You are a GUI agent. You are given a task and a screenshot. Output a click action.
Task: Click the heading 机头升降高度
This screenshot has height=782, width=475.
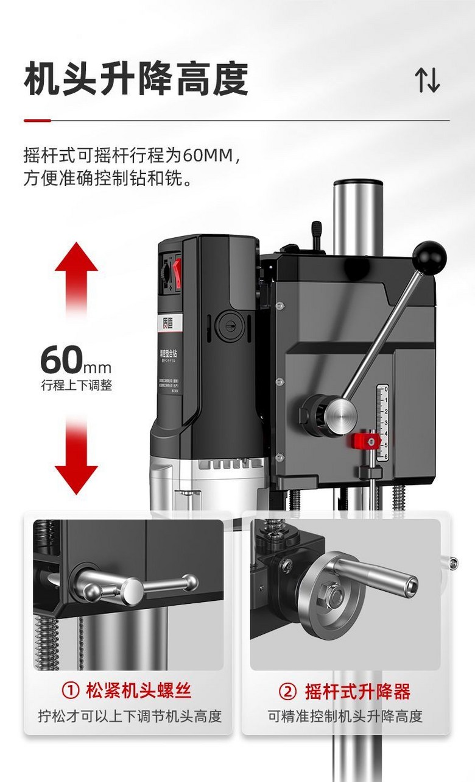[136, 80]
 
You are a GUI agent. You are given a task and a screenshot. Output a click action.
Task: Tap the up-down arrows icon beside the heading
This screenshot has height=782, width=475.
[427, 80]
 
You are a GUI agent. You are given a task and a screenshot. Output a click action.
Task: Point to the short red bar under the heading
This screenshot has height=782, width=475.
[37, 121]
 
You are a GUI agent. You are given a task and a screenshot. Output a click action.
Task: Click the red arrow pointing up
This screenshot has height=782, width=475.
[76, 268]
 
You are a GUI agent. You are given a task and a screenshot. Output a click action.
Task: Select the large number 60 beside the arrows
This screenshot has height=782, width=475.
[61, 360]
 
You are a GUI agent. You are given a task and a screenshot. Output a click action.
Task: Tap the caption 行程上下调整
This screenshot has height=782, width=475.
[77, 386]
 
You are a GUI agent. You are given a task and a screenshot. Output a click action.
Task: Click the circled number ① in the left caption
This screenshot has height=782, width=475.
[71, 691]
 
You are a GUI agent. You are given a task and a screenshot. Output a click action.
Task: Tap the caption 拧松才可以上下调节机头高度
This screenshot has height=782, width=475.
[129, 716]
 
